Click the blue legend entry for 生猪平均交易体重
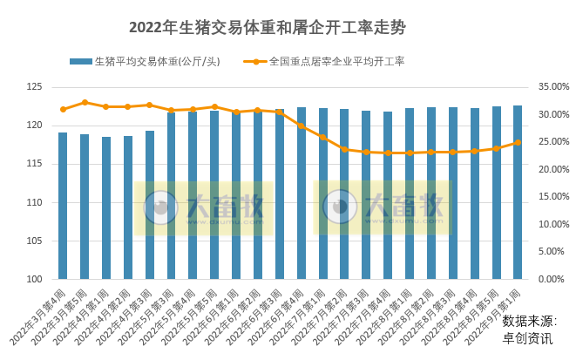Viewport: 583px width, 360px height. click(x=144, y=62)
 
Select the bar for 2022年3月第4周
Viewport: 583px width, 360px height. click(x=63, y=206)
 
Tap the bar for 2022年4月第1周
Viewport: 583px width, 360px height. click(x=106, y=208)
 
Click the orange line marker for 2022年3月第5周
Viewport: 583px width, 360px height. click(x=85, y=102)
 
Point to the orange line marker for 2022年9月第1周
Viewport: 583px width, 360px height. click(x=518, y=143)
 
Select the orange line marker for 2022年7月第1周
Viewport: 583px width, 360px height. click(x=322, y=137)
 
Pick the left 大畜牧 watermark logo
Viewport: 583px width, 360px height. click(x=203, y=207)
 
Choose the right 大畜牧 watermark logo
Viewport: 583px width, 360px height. click(x=383, y=207)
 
